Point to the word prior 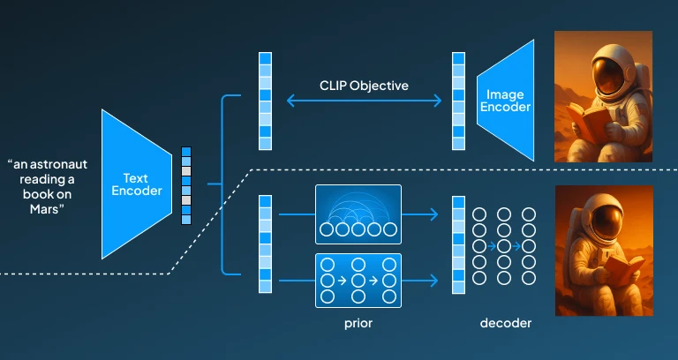(x=358, y=323)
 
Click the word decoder (x=506, y=323)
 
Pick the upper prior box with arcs (x=358, y=214)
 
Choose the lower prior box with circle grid (x=358, y=280)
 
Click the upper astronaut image (x=602, y=96)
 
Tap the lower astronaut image (x=603, y=250)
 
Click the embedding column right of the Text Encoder (x=185, y=184)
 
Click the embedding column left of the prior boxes (x=264, y=244)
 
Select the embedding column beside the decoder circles (x=458, y=244)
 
